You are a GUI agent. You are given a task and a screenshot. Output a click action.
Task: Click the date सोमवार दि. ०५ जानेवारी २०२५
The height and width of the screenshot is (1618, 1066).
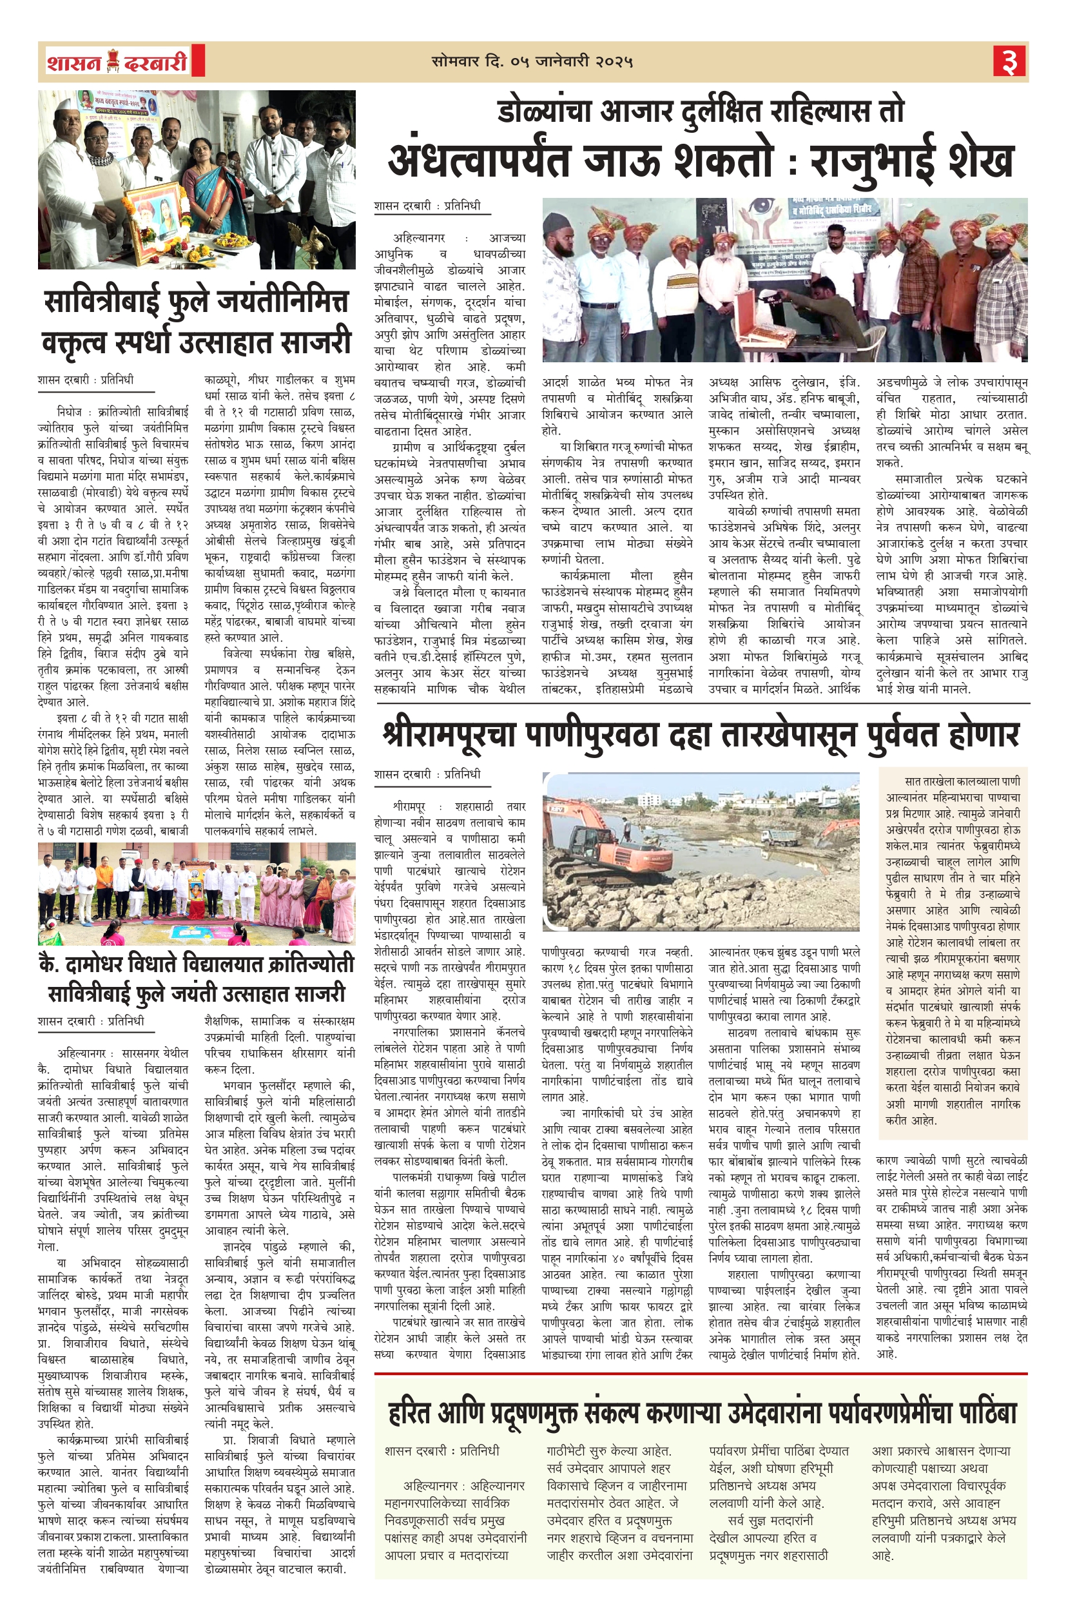coord(532,62)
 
